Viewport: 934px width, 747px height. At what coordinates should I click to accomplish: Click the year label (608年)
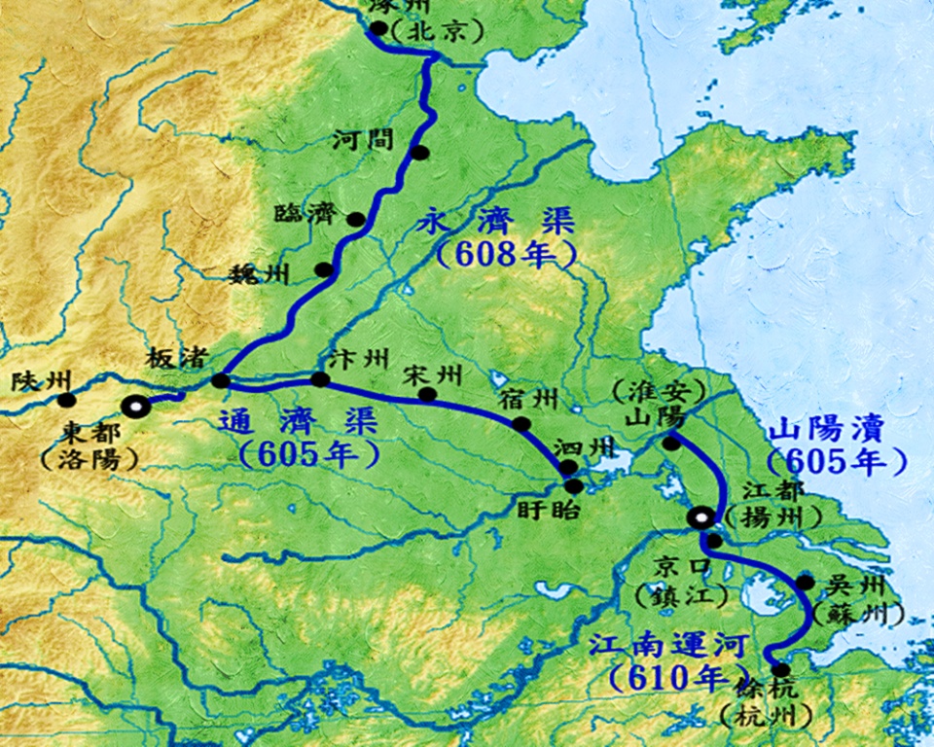point(506,256)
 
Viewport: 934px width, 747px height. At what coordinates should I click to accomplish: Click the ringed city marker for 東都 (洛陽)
point(135,407)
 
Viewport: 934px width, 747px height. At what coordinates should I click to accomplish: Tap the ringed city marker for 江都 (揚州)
point(700,518)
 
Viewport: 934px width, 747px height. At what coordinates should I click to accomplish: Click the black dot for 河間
point(419,153)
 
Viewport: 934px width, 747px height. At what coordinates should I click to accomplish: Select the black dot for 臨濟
point(357,220)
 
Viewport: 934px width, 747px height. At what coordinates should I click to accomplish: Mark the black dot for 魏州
point(323,269)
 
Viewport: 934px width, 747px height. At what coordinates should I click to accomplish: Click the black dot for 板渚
point(221,380)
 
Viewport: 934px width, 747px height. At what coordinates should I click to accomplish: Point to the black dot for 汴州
point(319,379)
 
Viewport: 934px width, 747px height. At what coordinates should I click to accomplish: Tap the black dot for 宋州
point(426,394)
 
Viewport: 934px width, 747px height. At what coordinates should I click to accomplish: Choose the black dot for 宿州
point(521,423)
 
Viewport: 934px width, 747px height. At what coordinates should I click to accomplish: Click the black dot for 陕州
point(66,400)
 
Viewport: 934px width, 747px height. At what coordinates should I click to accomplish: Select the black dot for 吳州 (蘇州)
point(805,583)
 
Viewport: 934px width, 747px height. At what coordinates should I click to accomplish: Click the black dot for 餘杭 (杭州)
point(779,669)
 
